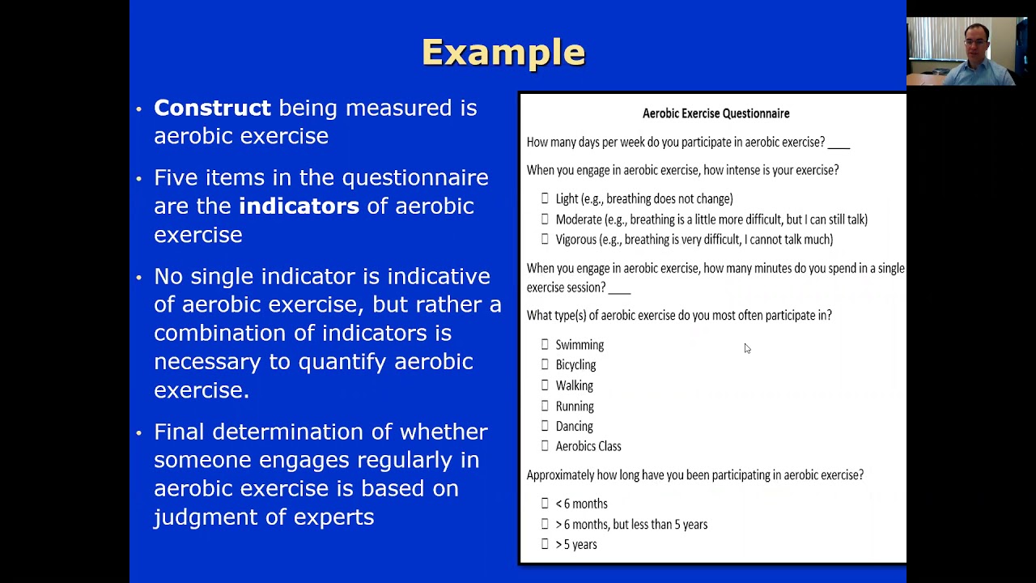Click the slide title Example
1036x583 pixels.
click(x=503, y=53)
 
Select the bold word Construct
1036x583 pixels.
click(x=212, y=108)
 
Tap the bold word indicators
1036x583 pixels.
click(x=299, y=206)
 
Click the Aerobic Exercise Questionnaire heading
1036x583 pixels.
click(x=715, y=113)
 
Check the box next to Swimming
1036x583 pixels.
click(x=545, y=345)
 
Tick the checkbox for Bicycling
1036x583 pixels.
click(x=545, y=365)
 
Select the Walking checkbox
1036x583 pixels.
click(x=545, y=385)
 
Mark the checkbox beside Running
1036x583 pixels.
click(x=545, y=406)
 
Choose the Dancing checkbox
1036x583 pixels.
click(x=545, y=426)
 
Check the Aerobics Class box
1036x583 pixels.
click(x=545, y=446)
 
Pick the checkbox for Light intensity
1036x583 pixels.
click(x=545, y=198)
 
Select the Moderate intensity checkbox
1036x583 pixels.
click(x=545, y=219)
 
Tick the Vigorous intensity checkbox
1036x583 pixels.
click(x=545, y=240)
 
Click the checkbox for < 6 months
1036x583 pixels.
click(x=545, y=504)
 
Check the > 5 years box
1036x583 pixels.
click(x=545, y=544)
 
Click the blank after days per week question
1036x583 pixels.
click(x=839, y=144)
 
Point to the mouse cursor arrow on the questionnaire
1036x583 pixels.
click(x=746, y=348)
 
